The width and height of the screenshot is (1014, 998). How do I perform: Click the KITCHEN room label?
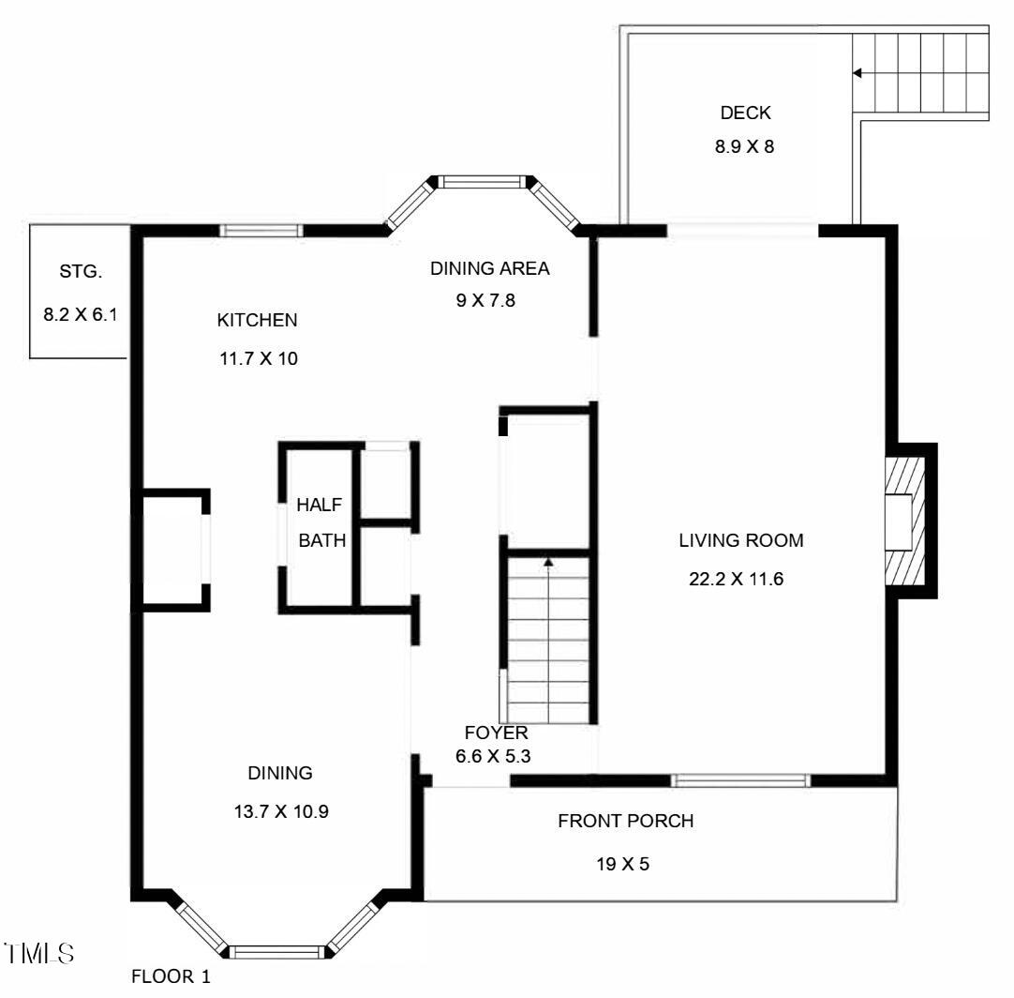(257, 321)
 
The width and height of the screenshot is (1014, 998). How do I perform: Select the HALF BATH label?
(321, 522)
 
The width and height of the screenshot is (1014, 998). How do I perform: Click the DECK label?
(745, 113)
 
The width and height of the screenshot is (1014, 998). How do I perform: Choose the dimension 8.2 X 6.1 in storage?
(80, 315)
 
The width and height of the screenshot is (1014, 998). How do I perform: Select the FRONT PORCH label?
(625, 822)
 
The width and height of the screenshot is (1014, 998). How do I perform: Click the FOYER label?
(496, 733)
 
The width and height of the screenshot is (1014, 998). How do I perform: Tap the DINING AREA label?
(489, 269)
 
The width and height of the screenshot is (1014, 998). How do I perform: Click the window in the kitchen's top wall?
(261, 230)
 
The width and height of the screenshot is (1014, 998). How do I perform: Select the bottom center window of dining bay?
(276, 952)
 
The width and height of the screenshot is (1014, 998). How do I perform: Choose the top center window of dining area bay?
(485, 182)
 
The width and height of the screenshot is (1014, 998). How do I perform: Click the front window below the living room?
(740, 779)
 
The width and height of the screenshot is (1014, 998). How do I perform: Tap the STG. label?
(79, 272)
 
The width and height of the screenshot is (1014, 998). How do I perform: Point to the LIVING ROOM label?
(741, 540)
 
